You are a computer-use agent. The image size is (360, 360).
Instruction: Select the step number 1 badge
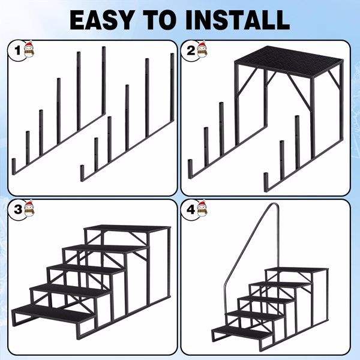coord(18,50)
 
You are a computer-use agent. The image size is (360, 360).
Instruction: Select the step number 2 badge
coord(191,50)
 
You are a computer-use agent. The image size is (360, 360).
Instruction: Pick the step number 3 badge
coord(18,209)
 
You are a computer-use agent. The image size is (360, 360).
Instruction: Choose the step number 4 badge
coord(191,209)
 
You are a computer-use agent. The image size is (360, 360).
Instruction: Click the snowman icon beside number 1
coord(29,49)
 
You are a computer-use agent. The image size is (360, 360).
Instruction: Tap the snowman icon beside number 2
coord(202,49)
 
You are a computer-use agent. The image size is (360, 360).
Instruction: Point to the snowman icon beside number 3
coord(29,208)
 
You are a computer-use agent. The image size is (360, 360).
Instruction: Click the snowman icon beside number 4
coord(202,208)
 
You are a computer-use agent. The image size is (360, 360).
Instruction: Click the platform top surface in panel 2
coord(289,61)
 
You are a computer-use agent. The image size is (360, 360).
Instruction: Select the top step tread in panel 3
coord(128,229)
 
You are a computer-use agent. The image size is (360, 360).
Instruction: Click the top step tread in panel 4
coord(296,269)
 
